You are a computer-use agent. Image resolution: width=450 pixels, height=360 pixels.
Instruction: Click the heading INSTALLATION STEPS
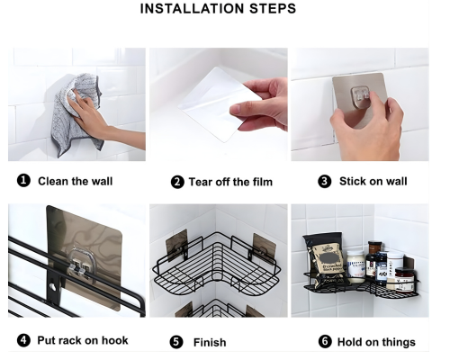218,8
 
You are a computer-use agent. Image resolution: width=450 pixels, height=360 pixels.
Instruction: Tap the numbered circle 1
23,181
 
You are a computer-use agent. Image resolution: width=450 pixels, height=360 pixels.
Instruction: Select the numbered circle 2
177,182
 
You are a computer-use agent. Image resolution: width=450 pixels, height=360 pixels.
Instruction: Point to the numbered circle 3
325,182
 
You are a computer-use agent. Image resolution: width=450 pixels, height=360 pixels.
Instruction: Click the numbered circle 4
23,340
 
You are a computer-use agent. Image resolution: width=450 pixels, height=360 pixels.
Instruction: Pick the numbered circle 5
176,342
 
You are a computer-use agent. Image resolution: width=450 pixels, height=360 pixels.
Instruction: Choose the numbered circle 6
325,342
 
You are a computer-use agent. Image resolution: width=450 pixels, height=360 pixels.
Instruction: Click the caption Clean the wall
75,181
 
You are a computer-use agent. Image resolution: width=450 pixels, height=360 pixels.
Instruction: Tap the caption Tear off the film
230,182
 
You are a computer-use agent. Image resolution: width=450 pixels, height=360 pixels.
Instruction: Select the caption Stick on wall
373,181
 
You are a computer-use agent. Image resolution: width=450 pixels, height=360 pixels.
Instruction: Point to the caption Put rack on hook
83,340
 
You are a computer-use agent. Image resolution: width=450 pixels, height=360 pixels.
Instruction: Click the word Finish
210,342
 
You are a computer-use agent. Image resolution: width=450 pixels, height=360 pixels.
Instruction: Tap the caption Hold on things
376,342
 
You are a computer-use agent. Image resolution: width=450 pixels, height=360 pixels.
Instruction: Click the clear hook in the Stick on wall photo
361,94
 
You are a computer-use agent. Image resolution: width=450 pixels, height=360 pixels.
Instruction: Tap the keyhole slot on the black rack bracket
54,286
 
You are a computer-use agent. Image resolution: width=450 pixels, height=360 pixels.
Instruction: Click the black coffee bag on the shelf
326,258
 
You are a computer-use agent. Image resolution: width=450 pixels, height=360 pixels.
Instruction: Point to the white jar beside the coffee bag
355,267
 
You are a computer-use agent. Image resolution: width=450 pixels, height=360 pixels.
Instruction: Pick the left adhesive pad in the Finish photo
177,245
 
